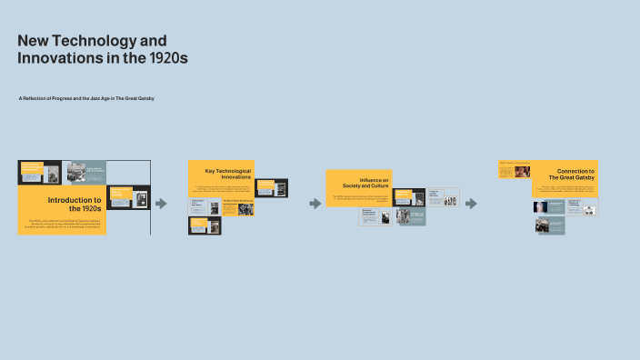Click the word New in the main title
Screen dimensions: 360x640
[34, 42]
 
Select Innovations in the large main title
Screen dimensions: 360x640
[58, 58]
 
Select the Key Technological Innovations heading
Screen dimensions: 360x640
[222, 175]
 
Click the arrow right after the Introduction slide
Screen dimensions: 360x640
[162, 204]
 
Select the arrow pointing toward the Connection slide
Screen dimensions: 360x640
[470, 204]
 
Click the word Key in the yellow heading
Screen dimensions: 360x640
[210, 171]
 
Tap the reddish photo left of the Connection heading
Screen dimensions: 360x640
[522, 171]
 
